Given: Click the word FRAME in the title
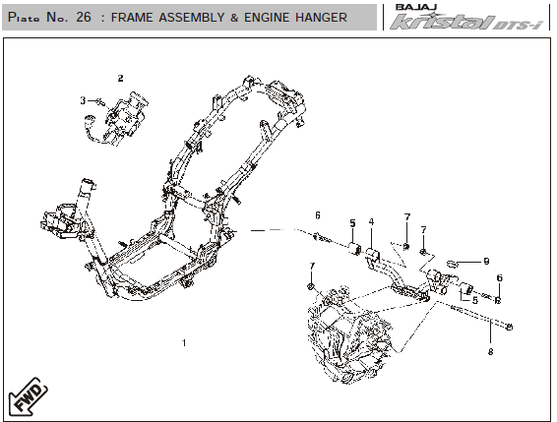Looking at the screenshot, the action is (132, 17).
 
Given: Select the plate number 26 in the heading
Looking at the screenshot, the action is (84, 17).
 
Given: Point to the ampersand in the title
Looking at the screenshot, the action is (234, 18).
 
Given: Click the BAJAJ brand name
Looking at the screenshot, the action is (416, 7).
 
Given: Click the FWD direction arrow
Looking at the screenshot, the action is (29, 396).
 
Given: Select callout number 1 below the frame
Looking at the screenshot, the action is (184, 343).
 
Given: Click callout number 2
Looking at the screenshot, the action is (120, 79).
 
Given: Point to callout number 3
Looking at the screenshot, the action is (83, 101).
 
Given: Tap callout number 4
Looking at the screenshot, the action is (371, 222).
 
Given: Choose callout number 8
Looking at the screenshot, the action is (490, 352).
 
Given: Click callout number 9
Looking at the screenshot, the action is (487, 262).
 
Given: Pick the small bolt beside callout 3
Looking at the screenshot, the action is (100, 102).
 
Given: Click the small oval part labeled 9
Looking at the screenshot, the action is (451, 264).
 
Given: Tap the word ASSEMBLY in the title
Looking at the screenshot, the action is (192, 17).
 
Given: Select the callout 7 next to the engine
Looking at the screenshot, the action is (312, 267).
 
